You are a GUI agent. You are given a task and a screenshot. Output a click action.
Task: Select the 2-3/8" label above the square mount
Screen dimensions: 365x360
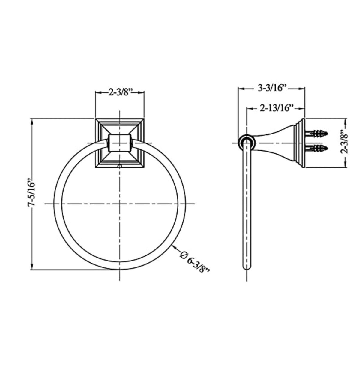pos(120,92)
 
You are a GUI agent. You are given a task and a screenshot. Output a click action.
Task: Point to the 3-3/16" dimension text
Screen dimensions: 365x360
pos(272,88)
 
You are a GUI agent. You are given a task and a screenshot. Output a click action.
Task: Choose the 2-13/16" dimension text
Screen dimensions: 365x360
pos(276,108)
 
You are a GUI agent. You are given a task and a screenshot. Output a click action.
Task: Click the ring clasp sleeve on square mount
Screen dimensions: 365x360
pos(120,143)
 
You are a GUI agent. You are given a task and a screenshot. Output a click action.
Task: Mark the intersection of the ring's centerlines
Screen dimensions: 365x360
pos(120,204)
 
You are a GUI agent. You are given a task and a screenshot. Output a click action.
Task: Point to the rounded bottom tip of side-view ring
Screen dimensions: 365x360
pos(246,267)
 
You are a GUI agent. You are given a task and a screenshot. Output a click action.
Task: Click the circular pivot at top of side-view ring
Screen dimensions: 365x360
pos(246,142)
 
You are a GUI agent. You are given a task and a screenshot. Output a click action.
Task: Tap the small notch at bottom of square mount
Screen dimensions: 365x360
pos(120,165)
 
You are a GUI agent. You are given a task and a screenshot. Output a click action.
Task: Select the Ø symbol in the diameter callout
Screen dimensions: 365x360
pos(184,255)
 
